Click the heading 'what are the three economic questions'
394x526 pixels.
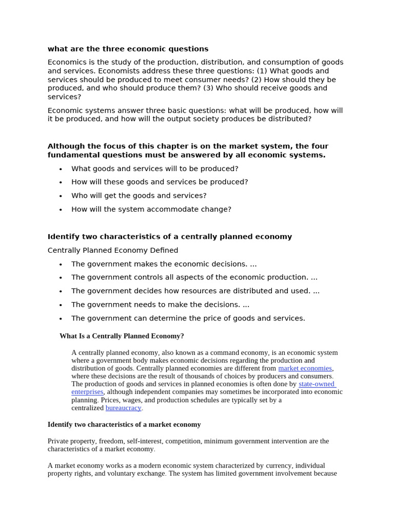click(128, 49)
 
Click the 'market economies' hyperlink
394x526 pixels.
click(305, 368)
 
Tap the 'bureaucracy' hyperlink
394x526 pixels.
click(123, 408)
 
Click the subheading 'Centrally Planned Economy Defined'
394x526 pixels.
click(113, 250)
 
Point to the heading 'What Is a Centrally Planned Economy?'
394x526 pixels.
click(122, 336)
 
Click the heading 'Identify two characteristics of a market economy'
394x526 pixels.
click(124, 424)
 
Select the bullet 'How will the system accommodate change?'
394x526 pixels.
click(151, 209)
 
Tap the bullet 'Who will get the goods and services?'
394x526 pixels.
click(139, 196)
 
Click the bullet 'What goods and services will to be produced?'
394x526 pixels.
click(154, 168)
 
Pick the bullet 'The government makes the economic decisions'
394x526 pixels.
click(164, 264)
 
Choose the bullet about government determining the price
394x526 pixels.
click(188, 318)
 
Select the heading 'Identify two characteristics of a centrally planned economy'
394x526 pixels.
click(169, 237)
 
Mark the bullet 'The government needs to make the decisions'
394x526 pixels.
click(160, 305)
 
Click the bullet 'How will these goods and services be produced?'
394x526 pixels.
click(160, 182)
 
